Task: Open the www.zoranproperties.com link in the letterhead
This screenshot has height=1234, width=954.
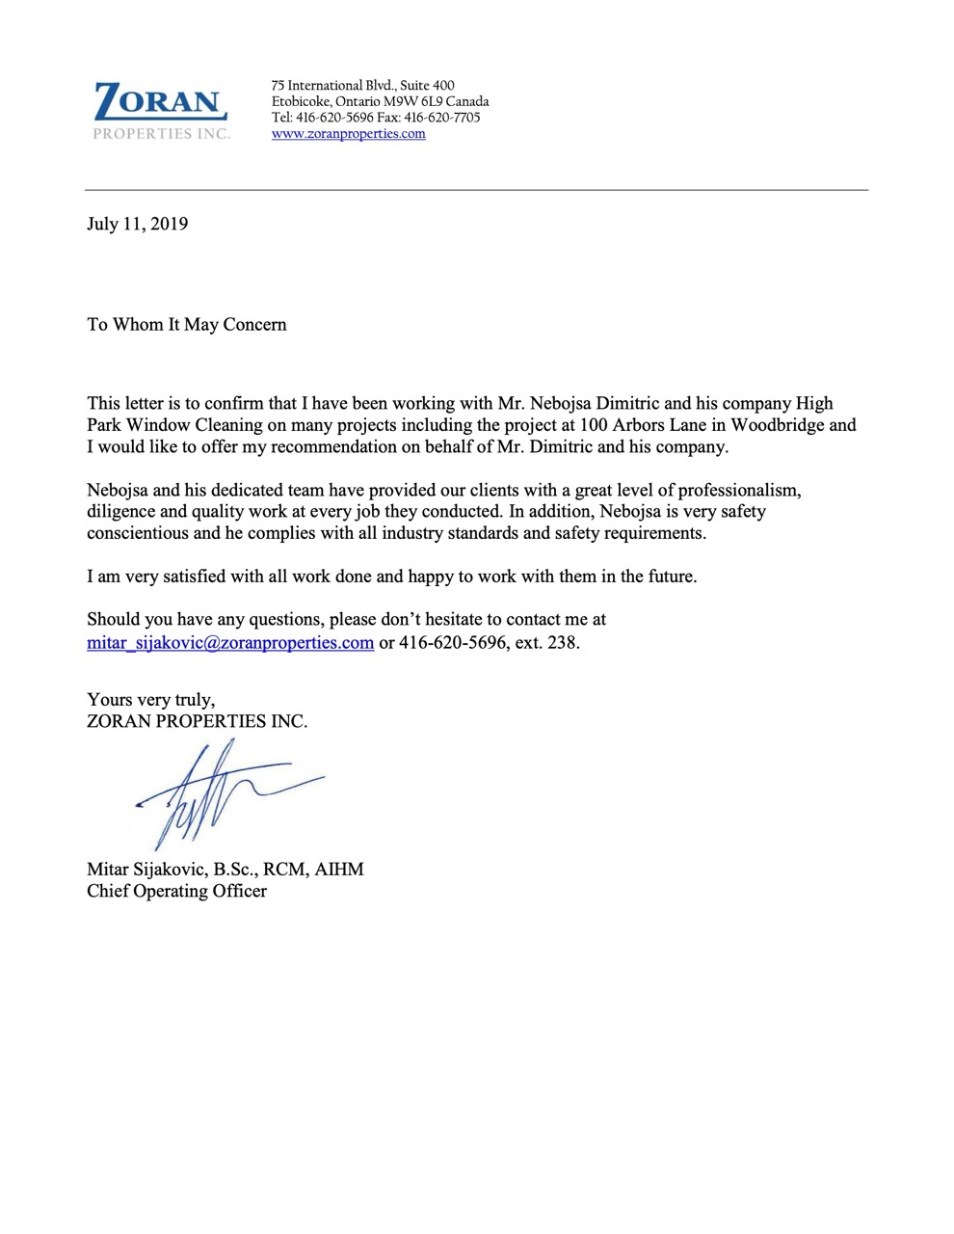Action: pyautogui.click(x=348, y=134)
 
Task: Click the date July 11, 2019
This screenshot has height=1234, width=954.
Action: pyautogui.click(x=137, y=225)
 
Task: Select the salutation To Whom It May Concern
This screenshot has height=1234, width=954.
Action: pyautogui.click(x=187, y=325)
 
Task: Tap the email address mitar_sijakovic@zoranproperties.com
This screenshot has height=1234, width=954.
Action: pyautogui.click(x=230, y=643)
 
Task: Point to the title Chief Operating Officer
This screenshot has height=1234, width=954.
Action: pyautogui.click(x=176, y=891)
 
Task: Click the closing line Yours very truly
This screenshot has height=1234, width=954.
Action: pyautogui.click(x=150, y=700)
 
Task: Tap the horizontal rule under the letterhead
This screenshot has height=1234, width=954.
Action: pyautogui.click(x=476, y=190)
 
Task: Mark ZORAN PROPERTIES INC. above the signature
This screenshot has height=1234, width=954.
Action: pyautogui.click(x=197, y=721)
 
